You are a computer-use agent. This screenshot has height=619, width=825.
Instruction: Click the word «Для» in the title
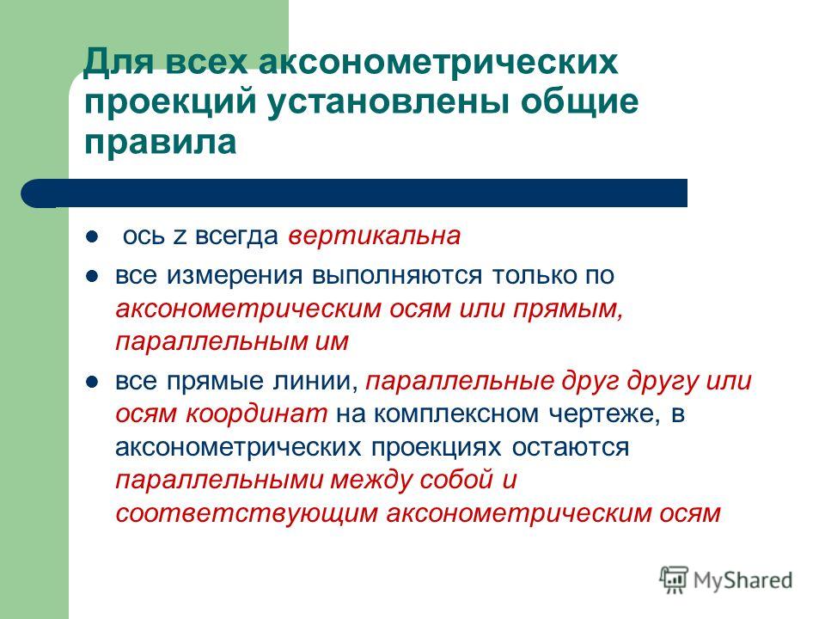point(119,62)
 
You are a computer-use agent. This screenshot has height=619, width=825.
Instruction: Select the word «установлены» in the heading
point(388,101)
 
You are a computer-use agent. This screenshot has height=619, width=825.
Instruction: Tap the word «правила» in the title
point(161,142)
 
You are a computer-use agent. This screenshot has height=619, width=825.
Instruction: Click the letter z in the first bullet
point(180,237)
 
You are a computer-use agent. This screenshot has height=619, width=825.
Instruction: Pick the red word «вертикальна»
point(374,236)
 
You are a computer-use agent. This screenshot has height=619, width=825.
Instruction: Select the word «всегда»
point(237,236)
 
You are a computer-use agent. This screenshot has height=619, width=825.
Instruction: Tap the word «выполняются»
point(397,276)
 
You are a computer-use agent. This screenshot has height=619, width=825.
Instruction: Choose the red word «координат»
point(256,414)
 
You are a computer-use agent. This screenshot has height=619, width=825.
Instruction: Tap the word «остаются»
point(571,448)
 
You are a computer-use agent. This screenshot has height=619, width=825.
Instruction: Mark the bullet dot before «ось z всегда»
point(92,236)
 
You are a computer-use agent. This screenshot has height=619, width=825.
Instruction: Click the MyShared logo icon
point(674,580)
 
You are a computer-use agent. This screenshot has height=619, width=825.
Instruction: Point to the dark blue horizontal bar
point(354,193)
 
